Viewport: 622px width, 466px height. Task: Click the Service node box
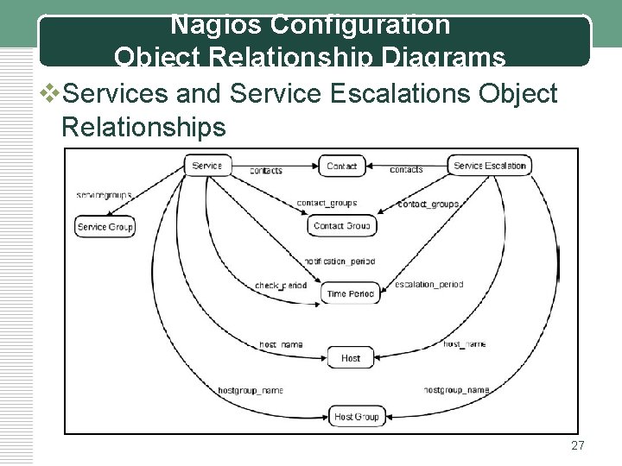click(x=206, y=166)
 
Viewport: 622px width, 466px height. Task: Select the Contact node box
click(x=342, y=166)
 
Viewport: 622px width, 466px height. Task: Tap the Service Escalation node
click(x=489, y=166)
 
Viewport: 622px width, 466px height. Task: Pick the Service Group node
click(x=105, y=227)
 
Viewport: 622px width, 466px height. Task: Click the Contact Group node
click(x=341, y=226)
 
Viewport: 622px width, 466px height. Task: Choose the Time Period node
click(x=350, y=294)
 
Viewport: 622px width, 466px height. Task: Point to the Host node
click(x=351, y=358)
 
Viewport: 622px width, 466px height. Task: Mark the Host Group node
click(x=355, y=417)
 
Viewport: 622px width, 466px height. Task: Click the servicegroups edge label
click(x=104, y=195)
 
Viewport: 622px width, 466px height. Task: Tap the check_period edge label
click(x=281, y=286)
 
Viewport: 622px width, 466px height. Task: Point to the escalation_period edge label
click(x=428, y=284)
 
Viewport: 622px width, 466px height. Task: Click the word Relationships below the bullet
click(x=143, y=127)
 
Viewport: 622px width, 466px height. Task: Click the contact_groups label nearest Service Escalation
click(x=428, y=205)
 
